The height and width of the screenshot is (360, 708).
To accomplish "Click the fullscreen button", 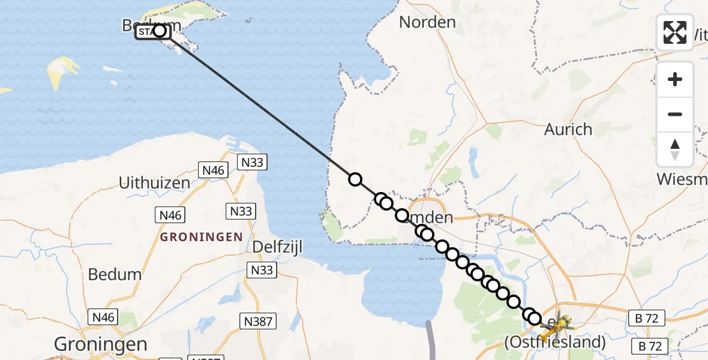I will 675,32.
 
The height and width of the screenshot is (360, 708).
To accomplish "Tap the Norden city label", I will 427,22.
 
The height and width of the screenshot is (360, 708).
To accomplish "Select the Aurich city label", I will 568,129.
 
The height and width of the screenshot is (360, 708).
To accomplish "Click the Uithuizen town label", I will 155,183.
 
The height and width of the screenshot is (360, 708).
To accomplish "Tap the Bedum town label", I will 115,274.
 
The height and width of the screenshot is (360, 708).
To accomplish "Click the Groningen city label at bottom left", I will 100,344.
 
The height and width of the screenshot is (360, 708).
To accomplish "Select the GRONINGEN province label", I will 201,236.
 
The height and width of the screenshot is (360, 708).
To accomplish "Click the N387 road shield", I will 259,322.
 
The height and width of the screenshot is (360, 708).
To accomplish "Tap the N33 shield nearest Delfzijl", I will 262,270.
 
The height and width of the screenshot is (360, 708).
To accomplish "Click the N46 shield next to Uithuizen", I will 213,170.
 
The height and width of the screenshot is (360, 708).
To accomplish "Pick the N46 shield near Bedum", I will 103,317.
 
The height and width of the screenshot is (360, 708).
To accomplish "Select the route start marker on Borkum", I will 160,31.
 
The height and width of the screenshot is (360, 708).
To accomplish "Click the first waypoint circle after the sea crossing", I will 355,179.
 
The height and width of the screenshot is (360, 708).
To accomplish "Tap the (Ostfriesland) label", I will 554,343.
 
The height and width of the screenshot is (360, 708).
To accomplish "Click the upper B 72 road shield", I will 646,318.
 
